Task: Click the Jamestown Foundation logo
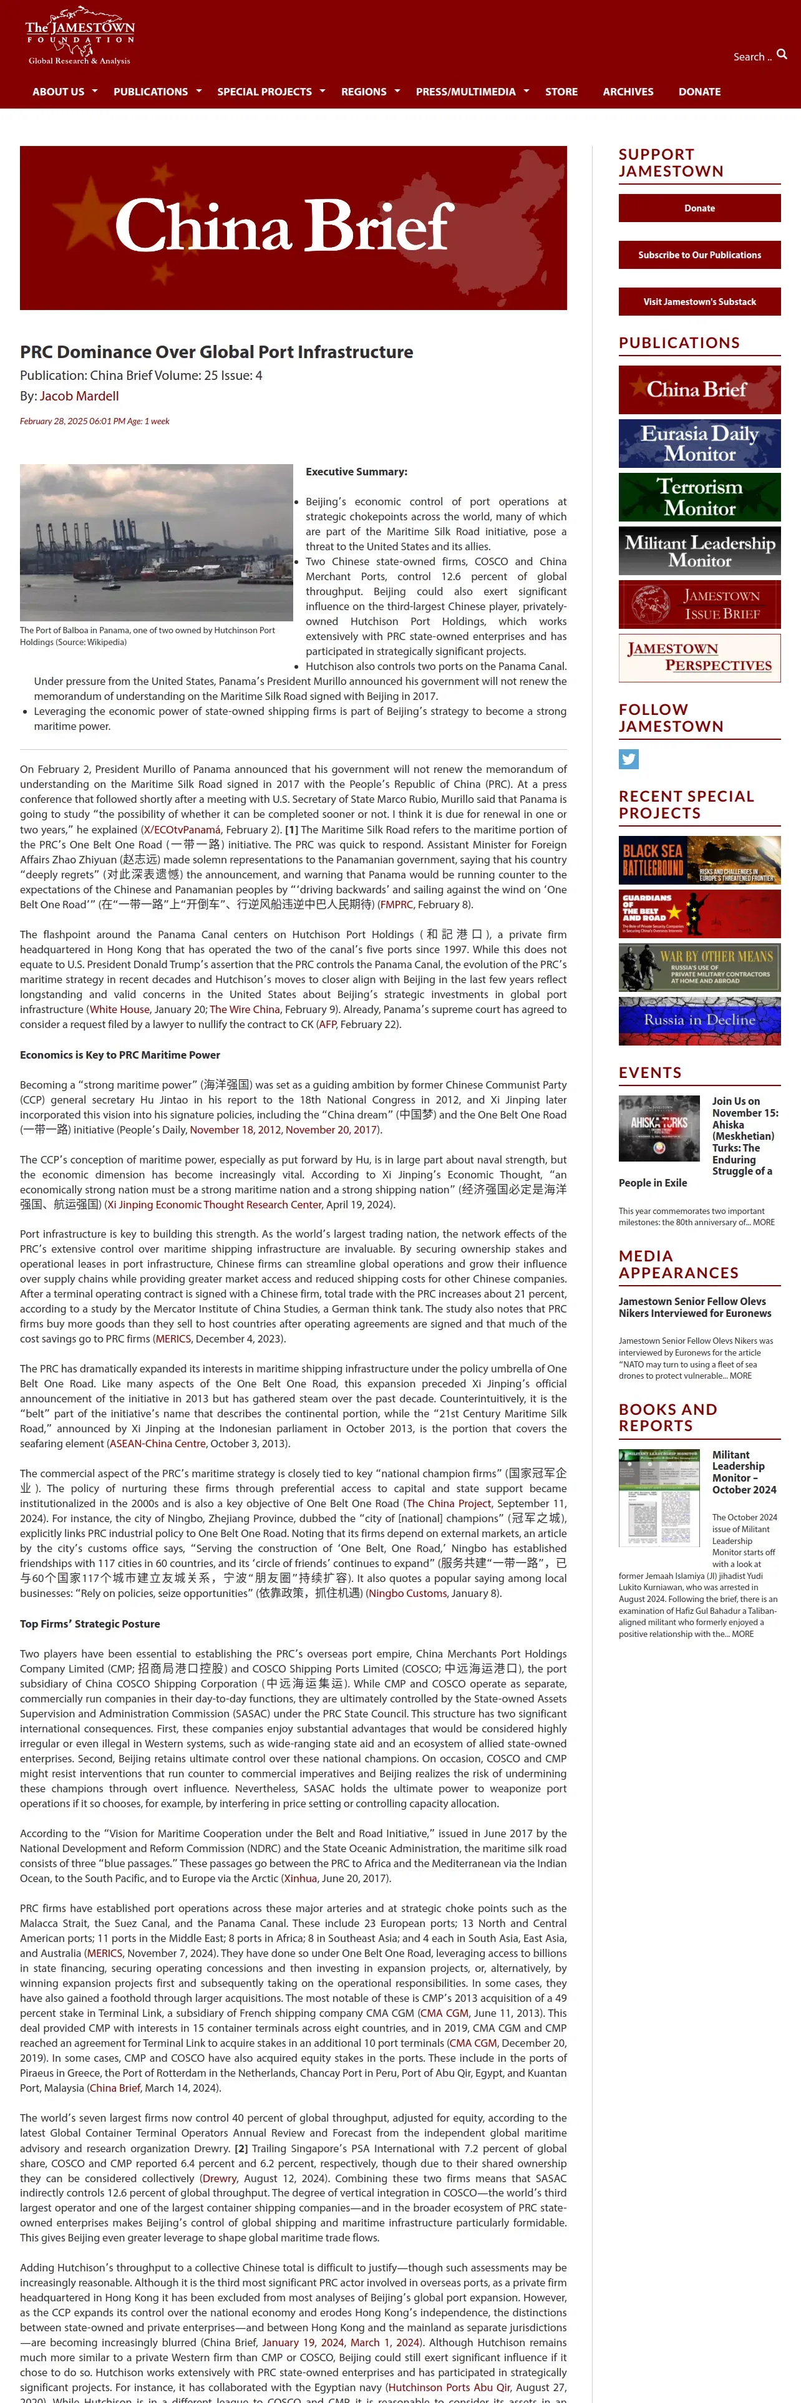click(80, 37)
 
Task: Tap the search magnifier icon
click(782, 55)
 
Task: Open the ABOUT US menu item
click(59, 92)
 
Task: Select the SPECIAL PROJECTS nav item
click(265, 92)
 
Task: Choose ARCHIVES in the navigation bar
click(628, 92)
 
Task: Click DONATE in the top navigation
click(699, 92)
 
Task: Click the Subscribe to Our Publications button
click(699, 255)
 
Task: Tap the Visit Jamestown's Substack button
click(699, 301)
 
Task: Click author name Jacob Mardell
click(79, 396)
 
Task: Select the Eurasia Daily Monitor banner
click(699, 443)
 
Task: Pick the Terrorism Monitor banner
click(699, 497)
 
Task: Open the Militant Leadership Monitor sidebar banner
click(699, 550)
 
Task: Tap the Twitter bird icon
click(628, 759)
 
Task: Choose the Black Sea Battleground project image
click(699, 860)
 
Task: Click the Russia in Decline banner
click(699, 1021)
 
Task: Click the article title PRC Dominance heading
click(216, 352)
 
